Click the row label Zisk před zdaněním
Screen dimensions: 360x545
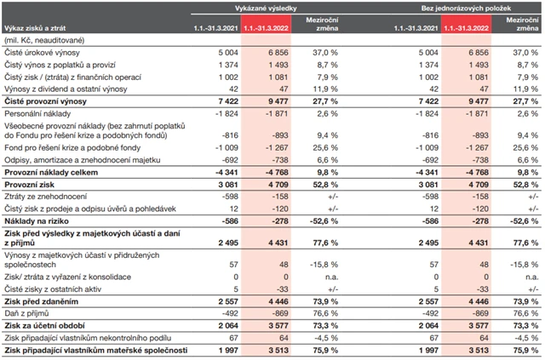tap(40, 301)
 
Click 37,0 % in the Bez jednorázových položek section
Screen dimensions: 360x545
tap(522, 52)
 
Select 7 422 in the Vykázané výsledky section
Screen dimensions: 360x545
tap(221, 100)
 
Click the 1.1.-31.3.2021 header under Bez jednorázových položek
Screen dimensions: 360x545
tap(423, 28)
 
